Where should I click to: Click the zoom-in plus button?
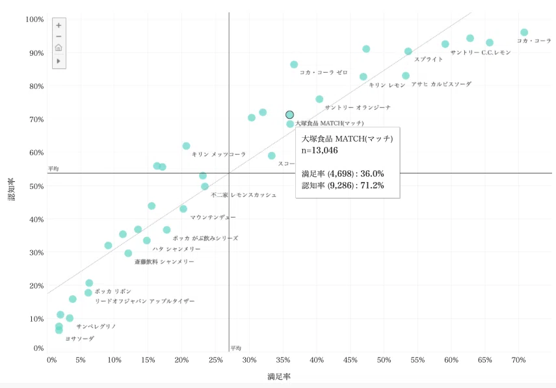click(59, 25)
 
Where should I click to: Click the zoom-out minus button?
click(59, 36)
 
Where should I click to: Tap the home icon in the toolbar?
click(59, 47)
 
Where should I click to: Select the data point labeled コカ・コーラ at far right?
click(524, 32)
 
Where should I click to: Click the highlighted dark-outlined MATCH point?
click(289, 115)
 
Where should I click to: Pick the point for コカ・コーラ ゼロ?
click(294, 64)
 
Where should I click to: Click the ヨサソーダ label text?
click(80, 339)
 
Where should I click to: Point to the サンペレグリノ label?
click(96, 326)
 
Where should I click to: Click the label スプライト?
click(429, 59)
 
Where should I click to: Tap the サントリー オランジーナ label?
click(358, 107)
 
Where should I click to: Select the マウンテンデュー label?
click(213, 217)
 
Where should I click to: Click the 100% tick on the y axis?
click(34, 19)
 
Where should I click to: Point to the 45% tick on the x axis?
click(351, 360)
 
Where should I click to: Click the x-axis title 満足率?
click(279, 377)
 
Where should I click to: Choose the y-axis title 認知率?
click(12, 189)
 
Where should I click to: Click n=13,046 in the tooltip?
click(319, 150)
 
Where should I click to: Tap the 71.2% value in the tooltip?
click(373, 185)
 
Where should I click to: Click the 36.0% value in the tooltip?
click(373, 174)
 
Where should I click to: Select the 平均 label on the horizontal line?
click(53, 169)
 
